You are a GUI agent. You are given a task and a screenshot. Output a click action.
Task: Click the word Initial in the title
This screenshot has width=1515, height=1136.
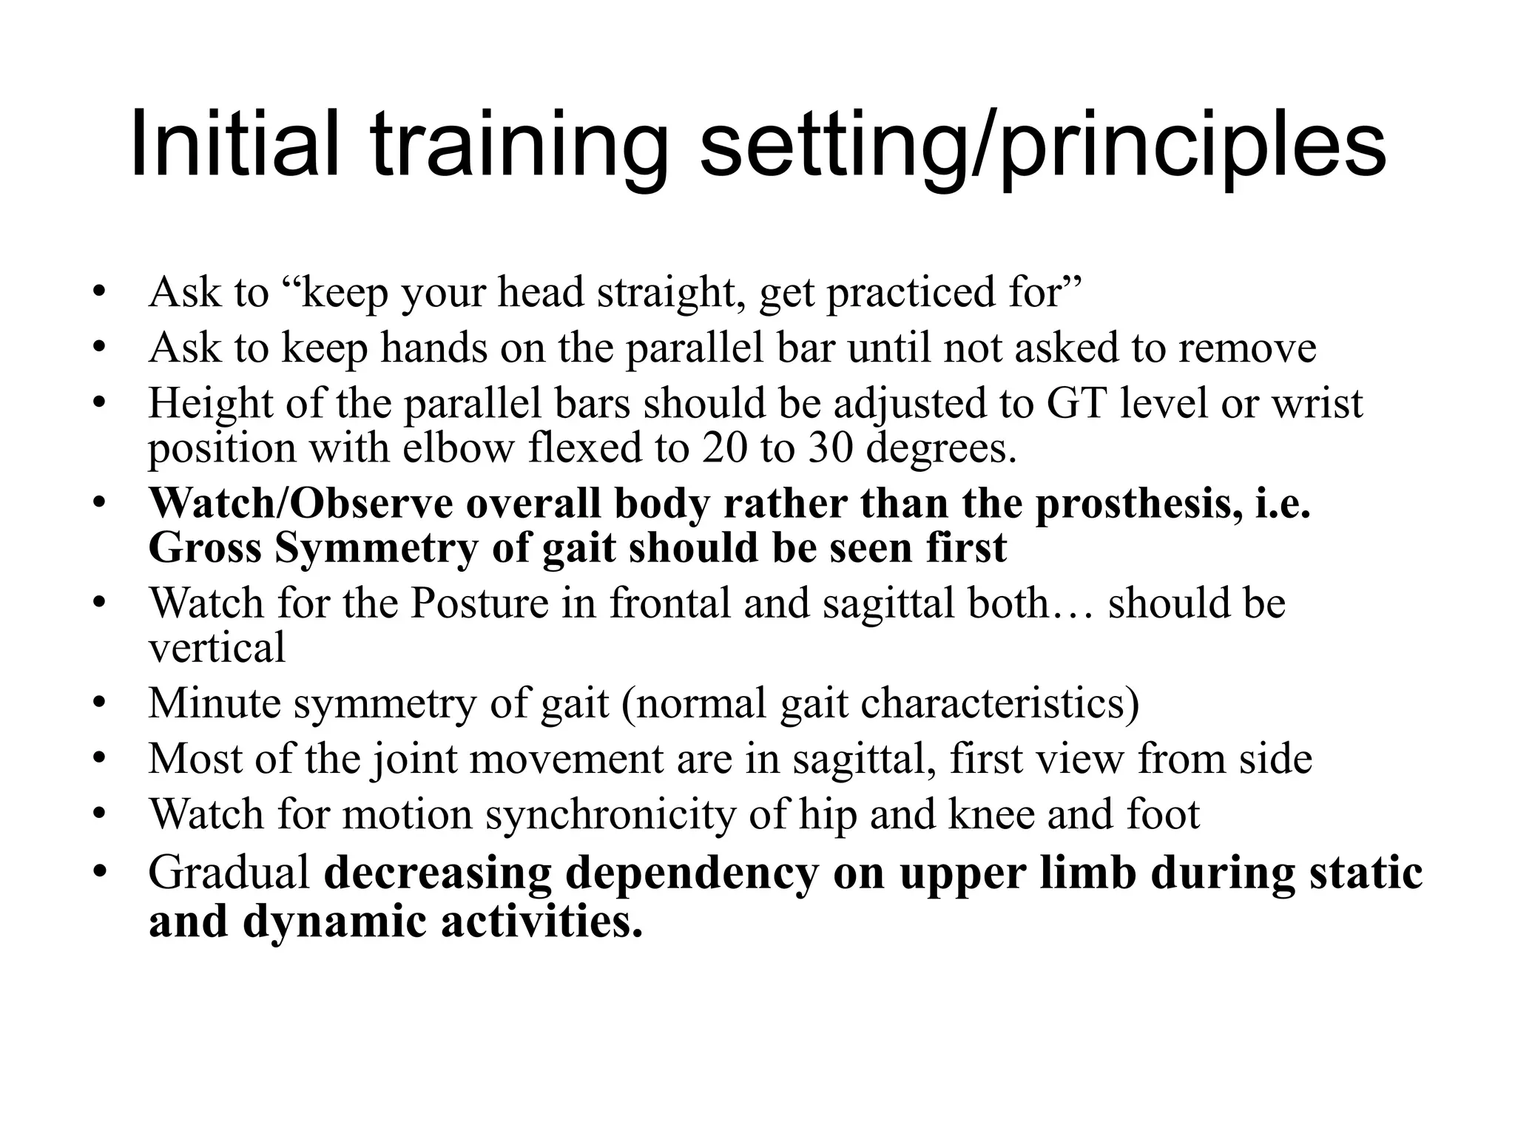coord(234,144)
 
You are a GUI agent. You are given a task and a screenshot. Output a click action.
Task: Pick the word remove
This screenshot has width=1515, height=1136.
coord(1247,348)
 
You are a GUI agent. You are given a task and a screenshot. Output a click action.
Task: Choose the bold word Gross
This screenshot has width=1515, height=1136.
coord(204,548)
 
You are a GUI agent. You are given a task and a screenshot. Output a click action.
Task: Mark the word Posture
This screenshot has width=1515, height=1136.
coord(479,603)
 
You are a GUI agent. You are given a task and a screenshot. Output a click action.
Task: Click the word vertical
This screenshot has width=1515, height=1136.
coord(217,648)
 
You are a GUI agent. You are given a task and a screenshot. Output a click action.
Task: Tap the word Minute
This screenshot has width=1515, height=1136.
coord(214,703)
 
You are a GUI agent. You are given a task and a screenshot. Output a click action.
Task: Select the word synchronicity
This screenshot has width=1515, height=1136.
coord(611,814)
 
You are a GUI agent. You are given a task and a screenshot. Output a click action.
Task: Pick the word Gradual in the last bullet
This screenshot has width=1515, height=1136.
coord(229,873)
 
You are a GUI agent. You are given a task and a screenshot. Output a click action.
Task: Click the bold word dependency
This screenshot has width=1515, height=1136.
coord(692,873)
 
